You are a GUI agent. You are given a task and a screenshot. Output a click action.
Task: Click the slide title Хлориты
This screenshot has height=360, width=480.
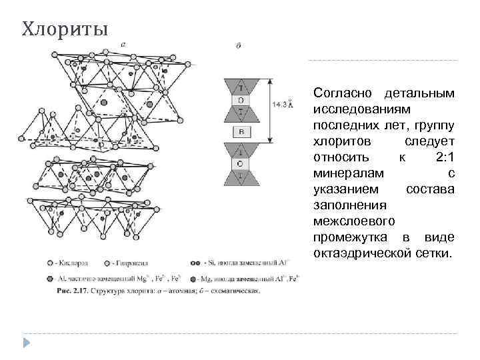tap(64, 30)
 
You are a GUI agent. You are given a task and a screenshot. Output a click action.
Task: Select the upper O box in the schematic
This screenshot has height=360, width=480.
tap(241, 100)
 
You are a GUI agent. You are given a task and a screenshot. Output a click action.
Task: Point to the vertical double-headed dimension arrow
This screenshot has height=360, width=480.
tap(270, 111)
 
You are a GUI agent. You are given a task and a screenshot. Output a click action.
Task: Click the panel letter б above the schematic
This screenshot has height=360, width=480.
tap(239, 46)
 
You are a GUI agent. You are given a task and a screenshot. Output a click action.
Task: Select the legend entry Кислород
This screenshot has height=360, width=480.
tap(71, 262)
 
